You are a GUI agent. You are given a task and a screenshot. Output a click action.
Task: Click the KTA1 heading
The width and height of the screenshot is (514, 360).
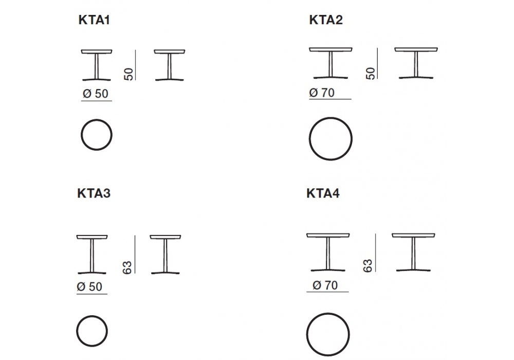click(94, 20)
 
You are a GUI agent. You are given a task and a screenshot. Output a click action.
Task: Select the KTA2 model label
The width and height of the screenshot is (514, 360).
click(326, 20)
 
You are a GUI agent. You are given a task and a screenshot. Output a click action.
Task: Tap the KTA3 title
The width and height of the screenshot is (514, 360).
click(94, 193)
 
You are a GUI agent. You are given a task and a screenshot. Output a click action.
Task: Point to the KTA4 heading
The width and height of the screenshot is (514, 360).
click(323, 193)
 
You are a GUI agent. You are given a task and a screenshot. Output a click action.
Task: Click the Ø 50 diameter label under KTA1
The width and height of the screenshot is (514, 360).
click(96, 94)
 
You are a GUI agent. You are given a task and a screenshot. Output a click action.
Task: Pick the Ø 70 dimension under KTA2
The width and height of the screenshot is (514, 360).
click(322, 93)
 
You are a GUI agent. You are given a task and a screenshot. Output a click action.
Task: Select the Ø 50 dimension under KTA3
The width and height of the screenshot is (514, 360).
click(89, 286)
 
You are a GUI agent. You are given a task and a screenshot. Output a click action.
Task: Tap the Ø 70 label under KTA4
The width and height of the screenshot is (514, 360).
click(325, 285)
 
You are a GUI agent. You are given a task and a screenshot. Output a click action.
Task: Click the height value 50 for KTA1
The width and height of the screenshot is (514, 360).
click(129, 74)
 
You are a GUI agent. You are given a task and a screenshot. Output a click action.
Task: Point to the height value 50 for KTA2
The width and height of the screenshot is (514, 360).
click(371, 74)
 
